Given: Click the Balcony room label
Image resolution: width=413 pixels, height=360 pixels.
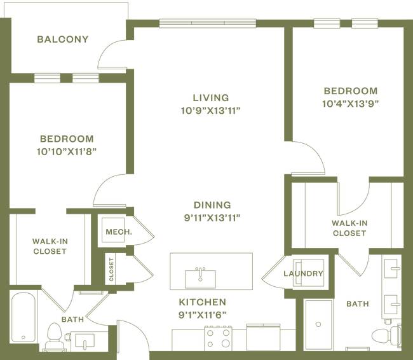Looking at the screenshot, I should pyautogui.click(x=63, y=39).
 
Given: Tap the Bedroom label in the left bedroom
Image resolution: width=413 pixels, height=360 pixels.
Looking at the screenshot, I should pyautogui.click(x=66, y=138).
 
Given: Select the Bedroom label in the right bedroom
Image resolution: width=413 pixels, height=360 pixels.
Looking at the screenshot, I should pyautogui.click(x=350, y=90).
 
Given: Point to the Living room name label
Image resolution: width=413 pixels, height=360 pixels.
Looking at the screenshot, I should pyautogui.click(x=210, y=97).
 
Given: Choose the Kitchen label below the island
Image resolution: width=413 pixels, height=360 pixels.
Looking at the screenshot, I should pyautogui.click(x=203, y=301).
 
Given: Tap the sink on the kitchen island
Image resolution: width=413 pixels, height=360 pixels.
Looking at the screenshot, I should pyautogui.click(x=200, y=275).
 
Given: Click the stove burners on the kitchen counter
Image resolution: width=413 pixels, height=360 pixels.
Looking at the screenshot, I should pyautogui.click(x=217, y=338).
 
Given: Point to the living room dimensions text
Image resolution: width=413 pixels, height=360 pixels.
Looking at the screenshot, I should pyautogui.click(x=210, y=109).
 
